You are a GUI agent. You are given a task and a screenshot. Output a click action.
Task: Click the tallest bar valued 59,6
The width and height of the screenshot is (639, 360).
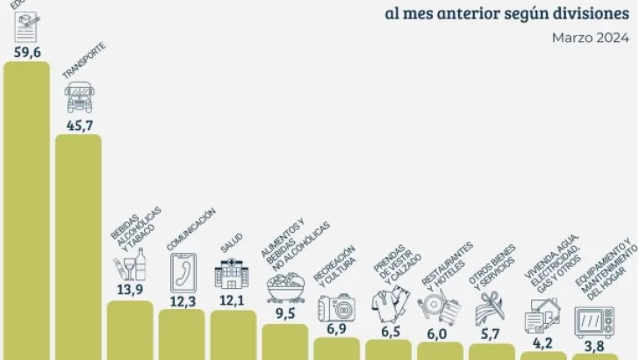pos(26,211)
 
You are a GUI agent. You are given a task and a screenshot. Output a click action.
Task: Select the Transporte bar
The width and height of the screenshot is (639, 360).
pos(78,246)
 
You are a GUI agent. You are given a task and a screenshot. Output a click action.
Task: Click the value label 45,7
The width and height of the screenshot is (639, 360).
pos(79,125)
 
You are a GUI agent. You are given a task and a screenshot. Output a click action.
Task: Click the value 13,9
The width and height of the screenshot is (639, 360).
pos(130,290)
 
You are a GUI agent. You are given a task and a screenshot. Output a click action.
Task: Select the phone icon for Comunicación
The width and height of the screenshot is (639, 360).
pos(182,270)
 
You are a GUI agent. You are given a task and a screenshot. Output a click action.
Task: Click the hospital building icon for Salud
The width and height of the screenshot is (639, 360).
pos(232,274)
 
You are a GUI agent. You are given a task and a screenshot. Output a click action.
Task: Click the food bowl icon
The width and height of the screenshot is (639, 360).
pos(284,288)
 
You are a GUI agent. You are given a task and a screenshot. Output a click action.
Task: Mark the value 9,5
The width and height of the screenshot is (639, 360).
pos(284,313)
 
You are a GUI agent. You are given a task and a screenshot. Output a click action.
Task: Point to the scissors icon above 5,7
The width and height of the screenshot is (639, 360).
pos(491,309)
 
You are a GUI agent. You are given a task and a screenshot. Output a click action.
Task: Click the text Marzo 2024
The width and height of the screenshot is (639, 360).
pos(590,37)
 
